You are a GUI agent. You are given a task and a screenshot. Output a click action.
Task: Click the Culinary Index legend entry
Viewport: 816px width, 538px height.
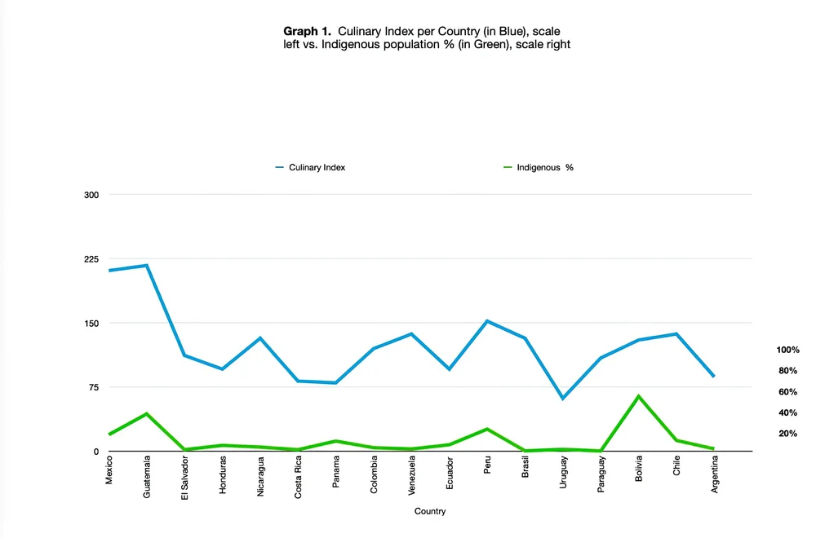click(x=310, y=167)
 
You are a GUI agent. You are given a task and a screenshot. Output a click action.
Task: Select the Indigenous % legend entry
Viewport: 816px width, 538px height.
click(x=539, y=167)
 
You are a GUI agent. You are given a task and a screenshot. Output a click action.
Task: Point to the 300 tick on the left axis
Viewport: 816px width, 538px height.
click(x=91, y=195)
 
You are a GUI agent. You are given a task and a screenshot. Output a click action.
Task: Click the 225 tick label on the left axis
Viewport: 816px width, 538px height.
click(x=91, y=259)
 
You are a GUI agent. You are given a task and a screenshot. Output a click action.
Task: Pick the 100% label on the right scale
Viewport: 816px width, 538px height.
click(x=787, y=350)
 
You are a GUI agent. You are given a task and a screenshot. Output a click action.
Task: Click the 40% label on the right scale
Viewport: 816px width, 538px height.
click(x=787, y=412)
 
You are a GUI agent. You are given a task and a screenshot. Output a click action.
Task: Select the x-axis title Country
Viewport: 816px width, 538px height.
click(x=430, y=511)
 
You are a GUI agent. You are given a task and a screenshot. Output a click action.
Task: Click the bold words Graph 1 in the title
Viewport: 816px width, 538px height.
click(x=307, y=31)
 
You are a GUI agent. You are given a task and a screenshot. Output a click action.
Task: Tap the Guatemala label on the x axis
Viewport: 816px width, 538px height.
click(x=147, y=477)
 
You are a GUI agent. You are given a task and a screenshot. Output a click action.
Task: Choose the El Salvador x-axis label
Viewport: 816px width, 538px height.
click(x=184, y=478)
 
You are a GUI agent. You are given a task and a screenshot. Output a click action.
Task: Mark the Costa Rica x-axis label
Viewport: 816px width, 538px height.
click(x=298, y=477)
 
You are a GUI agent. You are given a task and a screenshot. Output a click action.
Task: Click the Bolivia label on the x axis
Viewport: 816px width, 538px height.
click(x=639, y=469)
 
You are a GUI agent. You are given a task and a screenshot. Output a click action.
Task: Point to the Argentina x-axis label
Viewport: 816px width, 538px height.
click(x=715, y=474)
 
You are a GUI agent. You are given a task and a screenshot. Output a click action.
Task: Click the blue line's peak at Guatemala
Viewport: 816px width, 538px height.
click(x=147, y=265)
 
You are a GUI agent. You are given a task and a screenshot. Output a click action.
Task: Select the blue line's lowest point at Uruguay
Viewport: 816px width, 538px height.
click(x=563, y=398)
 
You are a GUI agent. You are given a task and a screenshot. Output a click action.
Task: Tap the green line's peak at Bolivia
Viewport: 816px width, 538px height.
click(x=639, y=396)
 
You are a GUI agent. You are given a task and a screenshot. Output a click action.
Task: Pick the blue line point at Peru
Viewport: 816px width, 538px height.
click(x=487, y=320)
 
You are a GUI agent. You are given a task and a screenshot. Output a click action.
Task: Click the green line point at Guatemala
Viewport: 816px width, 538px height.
click(x=147, y=414)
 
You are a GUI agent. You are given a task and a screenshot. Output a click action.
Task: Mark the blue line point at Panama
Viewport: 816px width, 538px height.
click(x=335, y=382)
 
